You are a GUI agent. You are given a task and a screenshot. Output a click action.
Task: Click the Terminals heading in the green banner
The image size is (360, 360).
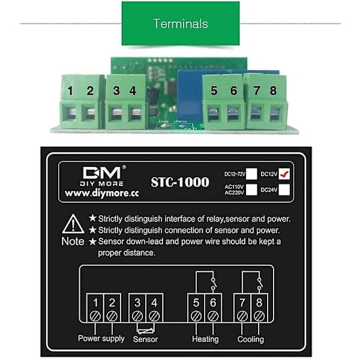(x=180, y=24)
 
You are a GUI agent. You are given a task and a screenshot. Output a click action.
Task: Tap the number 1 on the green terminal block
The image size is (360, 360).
(x=71, y=91)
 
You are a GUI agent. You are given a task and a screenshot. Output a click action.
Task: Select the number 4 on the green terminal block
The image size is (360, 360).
(x=133, y=91)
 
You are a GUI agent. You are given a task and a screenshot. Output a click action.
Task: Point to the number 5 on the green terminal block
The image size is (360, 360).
(x=214, y=91)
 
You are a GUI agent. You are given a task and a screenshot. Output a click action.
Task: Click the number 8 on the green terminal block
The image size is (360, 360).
(x=273, y=91)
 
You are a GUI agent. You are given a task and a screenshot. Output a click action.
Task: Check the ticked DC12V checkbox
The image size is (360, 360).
(x=284, y=173)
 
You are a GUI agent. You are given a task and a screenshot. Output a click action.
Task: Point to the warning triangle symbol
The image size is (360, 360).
(x=73, y=223)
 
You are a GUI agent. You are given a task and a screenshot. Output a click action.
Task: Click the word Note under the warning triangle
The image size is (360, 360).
(x=73, y=241)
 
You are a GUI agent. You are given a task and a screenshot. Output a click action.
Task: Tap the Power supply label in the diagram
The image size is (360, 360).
(x=101, y=338)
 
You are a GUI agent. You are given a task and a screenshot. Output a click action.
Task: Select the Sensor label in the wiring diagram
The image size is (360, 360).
(x=145, y=340)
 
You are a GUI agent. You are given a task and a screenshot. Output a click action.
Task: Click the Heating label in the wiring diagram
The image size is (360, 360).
(x=205, y=339)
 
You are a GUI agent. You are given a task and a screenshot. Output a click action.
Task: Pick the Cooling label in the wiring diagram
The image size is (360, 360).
(x=251, y=339)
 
